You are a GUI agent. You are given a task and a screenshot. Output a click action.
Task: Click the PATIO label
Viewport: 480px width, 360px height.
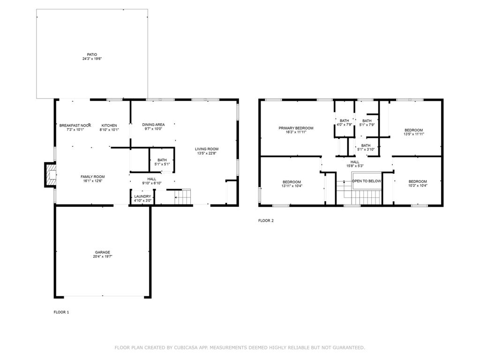click(x=92, y=54)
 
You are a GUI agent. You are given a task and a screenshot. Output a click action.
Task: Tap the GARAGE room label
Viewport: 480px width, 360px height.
click(x=103, y=252)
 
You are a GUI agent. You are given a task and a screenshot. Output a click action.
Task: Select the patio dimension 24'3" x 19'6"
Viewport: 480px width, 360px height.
click(x=92, y=59)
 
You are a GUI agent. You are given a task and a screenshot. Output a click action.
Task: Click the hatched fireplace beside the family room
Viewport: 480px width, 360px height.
click(x=51, y=175)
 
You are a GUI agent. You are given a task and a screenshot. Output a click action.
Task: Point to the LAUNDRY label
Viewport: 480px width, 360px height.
click(x=142, y=196)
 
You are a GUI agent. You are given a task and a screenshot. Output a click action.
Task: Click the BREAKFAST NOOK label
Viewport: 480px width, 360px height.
click(x=75, y=126)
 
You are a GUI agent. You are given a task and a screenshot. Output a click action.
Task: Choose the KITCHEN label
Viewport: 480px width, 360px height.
click(x=109, y=126)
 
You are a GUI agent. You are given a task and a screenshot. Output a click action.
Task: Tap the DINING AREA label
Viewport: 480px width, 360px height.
click(x=153, y=125)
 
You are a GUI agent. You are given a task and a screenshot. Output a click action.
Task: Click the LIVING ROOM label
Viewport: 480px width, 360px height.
click(x=207, y=149)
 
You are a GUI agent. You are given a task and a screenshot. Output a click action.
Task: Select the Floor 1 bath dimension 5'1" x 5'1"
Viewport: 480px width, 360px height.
click(x=162, y=164)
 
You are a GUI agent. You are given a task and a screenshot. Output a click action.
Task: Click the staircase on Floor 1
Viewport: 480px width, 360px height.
click(x=183, y=196)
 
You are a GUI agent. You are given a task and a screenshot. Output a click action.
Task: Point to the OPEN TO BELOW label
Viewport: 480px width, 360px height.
click(x=367, y=181)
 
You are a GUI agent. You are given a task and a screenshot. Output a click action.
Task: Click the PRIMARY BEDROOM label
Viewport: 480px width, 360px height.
click(x=296, y=128)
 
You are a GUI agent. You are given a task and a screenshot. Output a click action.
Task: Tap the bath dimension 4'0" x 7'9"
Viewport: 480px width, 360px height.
click(x=345, y=125)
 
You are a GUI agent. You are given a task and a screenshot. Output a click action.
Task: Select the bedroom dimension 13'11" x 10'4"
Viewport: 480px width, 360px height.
click(x=292, y=186)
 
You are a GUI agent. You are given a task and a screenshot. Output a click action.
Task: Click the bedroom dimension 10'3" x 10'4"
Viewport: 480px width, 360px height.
click(x=418, y=185)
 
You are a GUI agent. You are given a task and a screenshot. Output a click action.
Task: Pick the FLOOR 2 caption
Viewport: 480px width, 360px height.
click(x=266, y=220)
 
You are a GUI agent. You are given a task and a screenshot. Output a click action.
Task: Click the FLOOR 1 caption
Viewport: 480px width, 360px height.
click(x=61, y=312)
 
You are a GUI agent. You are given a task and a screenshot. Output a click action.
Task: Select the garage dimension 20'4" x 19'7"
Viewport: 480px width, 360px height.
click(x=103, y=256)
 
